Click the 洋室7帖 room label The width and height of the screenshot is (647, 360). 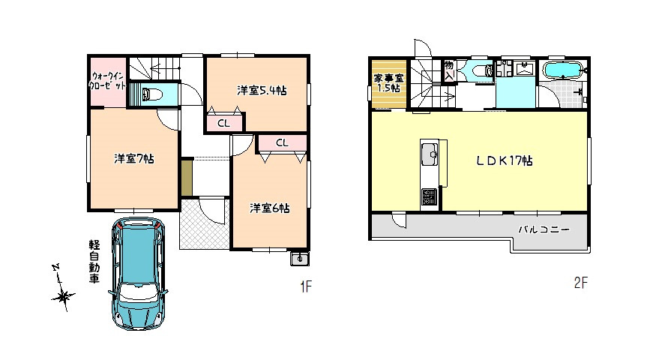pyautogui.click(x=134, y=158)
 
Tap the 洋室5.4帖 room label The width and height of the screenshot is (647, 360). pyautogui.click(x=262, y=91)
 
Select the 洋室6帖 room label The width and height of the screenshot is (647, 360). pyautogui.click(x=269, y=208)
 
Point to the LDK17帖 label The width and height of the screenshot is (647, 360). pyautogui.click(x=505, y=160)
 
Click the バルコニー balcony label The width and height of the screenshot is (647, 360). pyautogui.click(x=544, y=229)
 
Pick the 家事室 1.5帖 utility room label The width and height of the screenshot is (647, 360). pyautogui.click(x=388, y=82)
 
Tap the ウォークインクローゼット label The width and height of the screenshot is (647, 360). pyautogui.click(x=108, y=81)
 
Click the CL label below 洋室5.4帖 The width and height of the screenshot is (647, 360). pyautogui.click(x=223, y=123)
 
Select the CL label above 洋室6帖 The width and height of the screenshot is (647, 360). pyautogui.click(x=282, y=142)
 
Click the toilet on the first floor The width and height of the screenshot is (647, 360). pyautogui.click(x=151, y=94)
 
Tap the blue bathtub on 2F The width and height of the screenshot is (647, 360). pyautogui.click(x=563, y=70)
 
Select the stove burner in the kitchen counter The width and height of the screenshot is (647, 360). pyautogui.click(x=429, y=197)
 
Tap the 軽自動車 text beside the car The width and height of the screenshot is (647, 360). pyautogui.click(x=94, y=262)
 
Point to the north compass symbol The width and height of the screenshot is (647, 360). pyautogui.click(x=63, y=288)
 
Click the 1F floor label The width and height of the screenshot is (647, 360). pyautogui.click(x=306, y=286)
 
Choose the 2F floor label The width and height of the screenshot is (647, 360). pyautogui.click(x=580, y=283)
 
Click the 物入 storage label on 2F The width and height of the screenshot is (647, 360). pyautogui.click(x=449, y=70)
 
